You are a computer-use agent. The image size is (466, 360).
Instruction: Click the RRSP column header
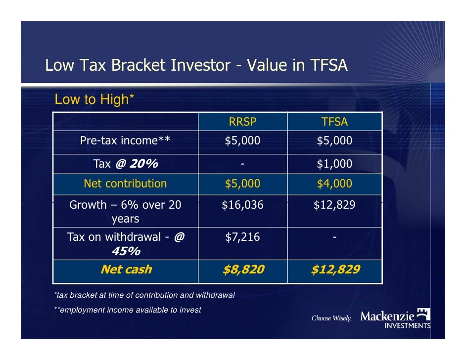coord(242,122)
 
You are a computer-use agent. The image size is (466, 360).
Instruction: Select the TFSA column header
coord(334,122)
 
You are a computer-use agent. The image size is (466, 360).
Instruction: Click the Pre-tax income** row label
coord(125,141)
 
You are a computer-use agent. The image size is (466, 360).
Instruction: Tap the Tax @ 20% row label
coord(126,164)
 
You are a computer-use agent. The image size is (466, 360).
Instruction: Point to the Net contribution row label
coord(125,184)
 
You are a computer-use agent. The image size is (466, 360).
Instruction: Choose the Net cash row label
coord(126,270)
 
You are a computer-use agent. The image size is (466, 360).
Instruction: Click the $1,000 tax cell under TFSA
coord(334,164)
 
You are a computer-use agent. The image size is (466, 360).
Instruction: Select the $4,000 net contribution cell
coord(334,184)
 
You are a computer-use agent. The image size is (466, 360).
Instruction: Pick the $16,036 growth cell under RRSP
coord(242,205)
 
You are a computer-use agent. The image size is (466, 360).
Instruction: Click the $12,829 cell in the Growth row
coord(334,205)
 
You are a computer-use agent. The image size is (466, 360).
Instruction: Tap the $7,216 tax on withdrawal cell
coord(242,237)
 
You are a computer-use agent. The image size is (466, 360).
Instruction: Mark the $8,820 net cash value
coord(242,270)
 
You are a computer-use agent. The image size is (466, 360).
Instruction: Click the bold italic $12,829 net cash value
coord(335,270)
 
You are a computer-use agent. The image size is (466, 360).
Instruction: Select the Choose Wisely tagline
coord(331,318)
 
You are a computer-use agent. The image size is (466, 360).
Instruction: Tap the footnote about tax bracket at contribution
coord(144,295)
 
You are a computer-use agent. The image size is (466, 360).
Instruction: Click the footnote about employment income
coord(127,310)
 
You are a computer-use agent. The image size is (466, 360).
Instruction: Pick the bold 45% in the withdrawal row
coord(126,251)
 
